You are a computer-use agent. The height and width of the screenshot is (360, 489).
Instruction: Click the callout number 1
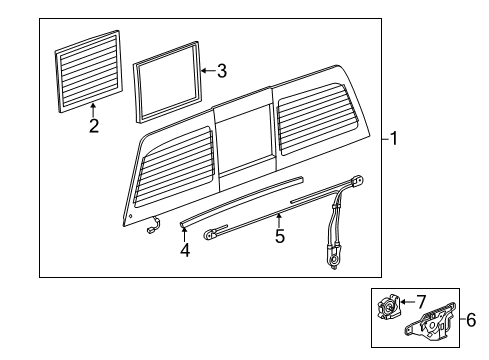point(394,140)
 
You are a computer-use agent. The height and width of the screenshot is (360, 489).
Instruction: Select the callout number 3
point(222,71)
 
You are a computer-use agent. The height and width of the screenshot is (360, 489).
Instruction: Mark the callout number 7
point(420,301)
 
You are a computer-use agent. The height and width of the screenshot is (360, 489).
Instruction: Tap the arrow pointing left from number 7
point(407,301)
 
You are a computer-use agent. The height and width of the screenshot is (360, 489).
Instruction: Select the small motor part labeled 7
point(387,305)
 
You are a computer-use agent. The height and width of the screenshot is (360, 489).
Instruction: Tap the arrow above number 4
point(184,235)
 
